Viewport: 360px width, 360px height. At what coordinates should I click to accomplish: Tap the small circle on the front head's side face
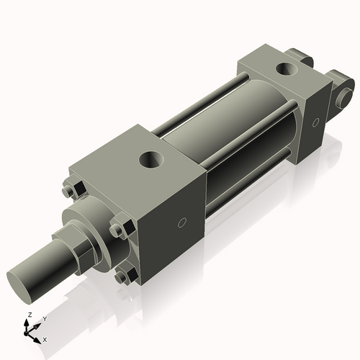pos(183,222)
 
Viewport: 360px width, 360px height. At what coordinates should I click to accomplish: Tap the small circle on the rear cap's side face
pos(315,122)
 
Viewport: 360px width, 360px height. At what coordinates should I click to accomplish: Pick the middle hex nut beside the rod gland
pos(118,230)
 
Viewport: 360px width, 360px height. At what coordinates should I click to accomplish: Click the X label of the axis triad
pos(45,338)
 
